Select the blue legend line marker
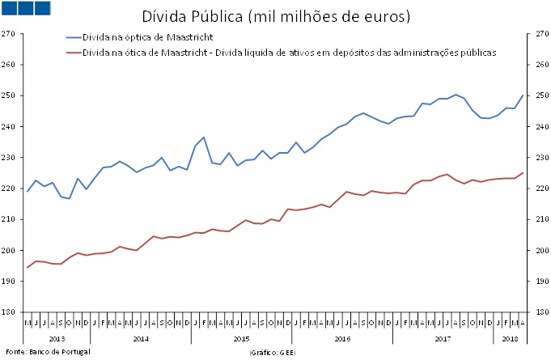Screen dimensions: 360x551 point(78,37)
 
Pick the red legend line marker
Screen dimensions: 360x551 point(78,52)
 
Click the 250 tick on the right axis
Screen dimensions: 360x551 point(540,95)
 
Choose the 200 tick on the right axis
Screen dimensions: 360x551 point(540,251)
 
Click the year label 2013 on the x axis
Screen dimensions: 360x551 point(57,338)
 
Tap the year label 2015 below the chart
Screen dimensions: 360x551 point(239,338)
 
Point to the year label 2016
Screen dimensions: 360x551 point(341,338)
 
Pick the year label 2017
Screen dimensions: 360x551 point(443,338)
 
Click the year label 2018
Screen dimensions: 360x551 point(510,338)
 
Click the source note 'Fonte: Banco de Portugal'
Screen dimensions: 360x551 point(48,352)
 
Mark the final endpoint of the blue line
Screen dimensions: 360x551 point(523,95)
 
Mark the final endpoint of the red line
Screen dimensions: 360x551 point(523,173)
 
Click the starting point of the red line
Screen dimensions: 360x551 point(28,267)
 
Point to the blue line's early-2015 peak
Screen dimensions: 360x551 point(204,138)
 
